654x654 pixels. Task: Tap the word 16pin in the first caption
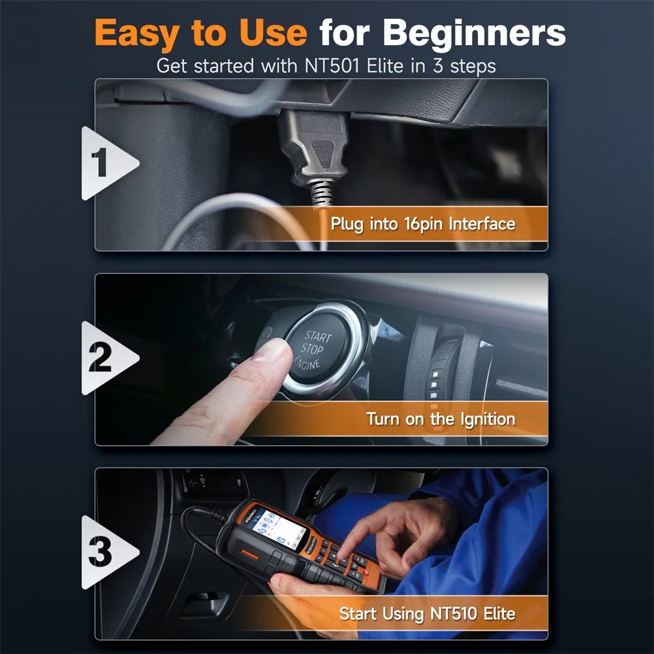[x=422, y=224]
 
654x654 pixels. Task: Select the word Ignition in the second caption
[x=488, y=419]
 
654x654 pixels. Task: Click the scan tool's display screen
[x=275, y=528]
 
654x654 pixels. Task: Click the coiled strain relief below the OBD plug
[x=322, y=193]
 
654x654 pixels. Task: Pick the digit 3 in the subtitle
[x=438, y=66]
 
